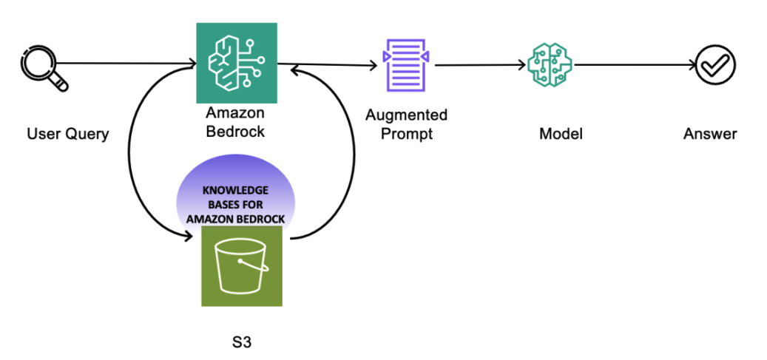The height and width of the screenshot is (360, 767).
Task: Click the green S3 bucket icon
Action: click(241, 266)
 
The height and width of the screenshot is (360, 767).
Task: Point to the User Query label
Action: click(67, 134)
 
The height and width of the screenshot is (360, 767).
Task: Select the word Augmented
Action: click(407, 115)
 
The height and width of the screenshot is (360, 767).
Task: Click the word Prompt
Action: click(407, 134)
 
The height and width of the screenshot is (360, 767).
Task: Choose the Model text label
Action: click(561, 134)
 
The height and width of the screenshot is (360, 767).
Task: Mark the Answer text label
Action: click(710, 134)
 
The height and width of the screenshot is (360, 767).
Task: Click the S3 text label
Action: click(241, 343)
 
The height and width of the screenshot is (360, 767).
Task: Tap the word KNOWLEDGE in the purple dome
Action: click(234, 189)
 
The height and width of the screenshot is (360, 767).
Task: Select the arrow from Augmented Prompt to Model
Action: click(481, 65)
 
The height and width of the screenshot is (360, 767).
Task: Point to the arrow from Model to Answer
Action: click(632, 65)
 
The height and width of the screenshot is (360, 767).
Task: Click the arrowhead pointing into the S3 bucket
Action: click(193, 238)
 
